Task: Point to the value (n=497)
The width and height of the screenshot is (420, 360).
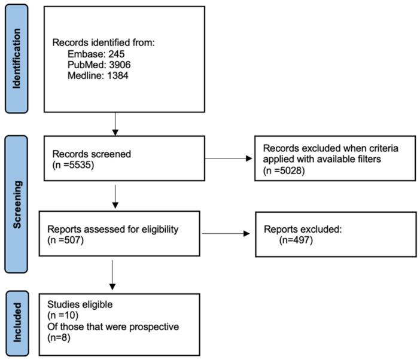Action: point(298,239)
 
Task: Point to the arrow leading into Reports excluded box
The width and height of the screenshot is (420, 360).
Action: point(227,233)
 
